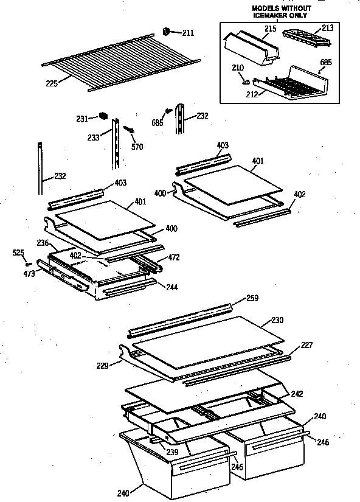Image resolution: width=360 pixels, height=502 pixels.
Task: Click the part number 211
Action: point(188,33)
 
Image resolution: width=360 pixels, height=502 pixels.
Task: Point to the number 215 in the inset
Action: point(270,29)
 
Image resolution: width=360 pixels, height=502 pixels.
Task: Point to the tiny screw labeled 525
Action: point(29,263)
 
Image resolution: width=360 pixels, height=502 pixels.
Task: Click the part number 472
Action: point(174,258)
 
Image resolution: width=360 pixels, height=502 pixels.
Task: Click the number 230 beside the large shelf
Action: point(277,320)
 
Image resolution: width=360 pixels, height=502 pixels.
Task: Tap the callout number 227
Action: point(306,345)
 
